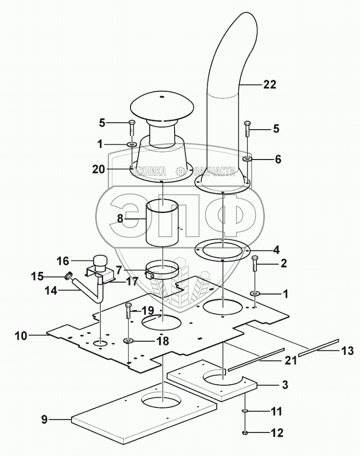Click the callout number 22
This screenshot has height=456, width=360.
tap(269, 84)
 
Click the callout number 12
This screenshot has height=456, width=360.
tap(278, 432)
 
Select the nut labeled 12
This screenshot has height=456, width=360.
tap(244, 432)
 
